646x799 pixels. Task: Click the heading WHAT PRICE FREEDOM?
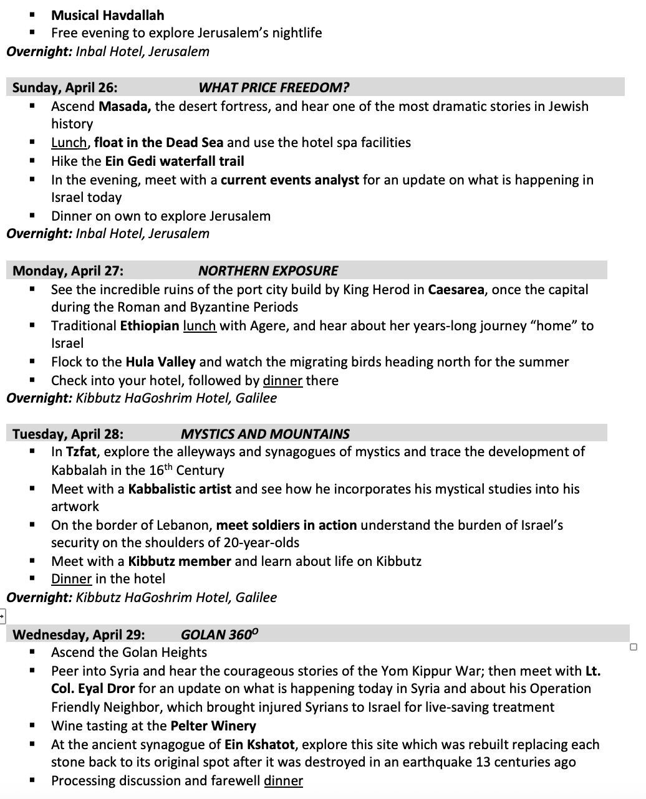tap(274, 87)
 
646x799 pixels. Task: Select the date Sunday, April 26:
tap(65, 87)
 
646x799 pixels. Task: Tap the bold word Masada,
tap(125, 106)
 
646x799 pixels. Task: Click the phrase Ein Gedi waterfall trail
tap(174, 161)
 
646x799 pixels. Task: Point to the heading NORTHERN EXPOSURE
tap(268, 270)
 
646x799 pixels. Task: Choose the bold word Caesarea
tap(456, 289)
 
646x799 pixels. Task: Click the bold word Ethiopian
tap(150, 325)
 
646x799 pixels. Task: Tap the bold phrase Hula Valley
tap(160, 361)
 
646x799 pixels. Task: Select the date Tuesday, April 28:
tap(68, 434)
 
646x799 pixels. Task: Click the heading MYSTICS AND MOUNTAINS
tap(265, 434)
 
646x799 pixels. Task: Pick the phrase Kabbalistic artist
tap(180, 489)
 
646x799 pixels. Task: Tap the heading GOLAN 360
tap(219, 634)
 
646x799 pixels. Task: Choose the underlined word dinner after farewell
tap(283, 780)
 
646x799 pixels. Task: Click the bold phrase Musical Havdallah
tap(108, 15)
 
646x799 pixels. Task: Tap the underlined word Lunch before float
tap(69, 142)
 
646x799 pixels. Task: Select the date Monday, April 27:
tap(68, 270)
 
